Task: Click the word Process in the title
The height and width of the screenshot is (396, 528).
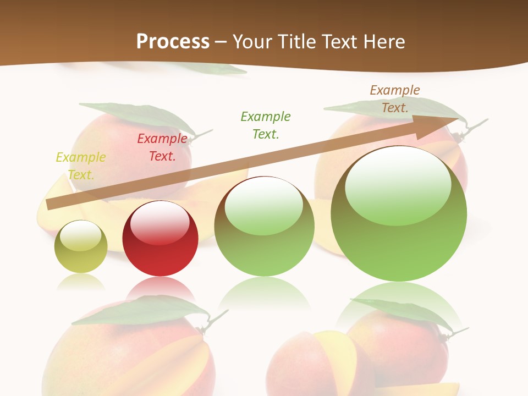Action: click(173, 41)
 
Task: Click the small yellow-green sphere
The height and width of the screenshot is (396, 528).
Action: click(81, 248)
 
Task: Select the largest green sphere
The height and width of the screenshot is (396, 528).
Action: click(399, 220)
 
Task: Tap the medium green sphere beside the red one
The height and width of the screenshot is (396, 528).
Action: click(265, 231)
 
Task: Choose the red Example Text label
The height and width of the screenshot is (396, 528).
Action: click(162, 147)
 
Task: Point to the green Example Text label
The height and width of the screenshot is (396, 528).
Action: click(266, 125)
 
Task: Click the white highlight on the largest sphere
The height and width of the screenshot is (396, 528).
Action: click(398, 186)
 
